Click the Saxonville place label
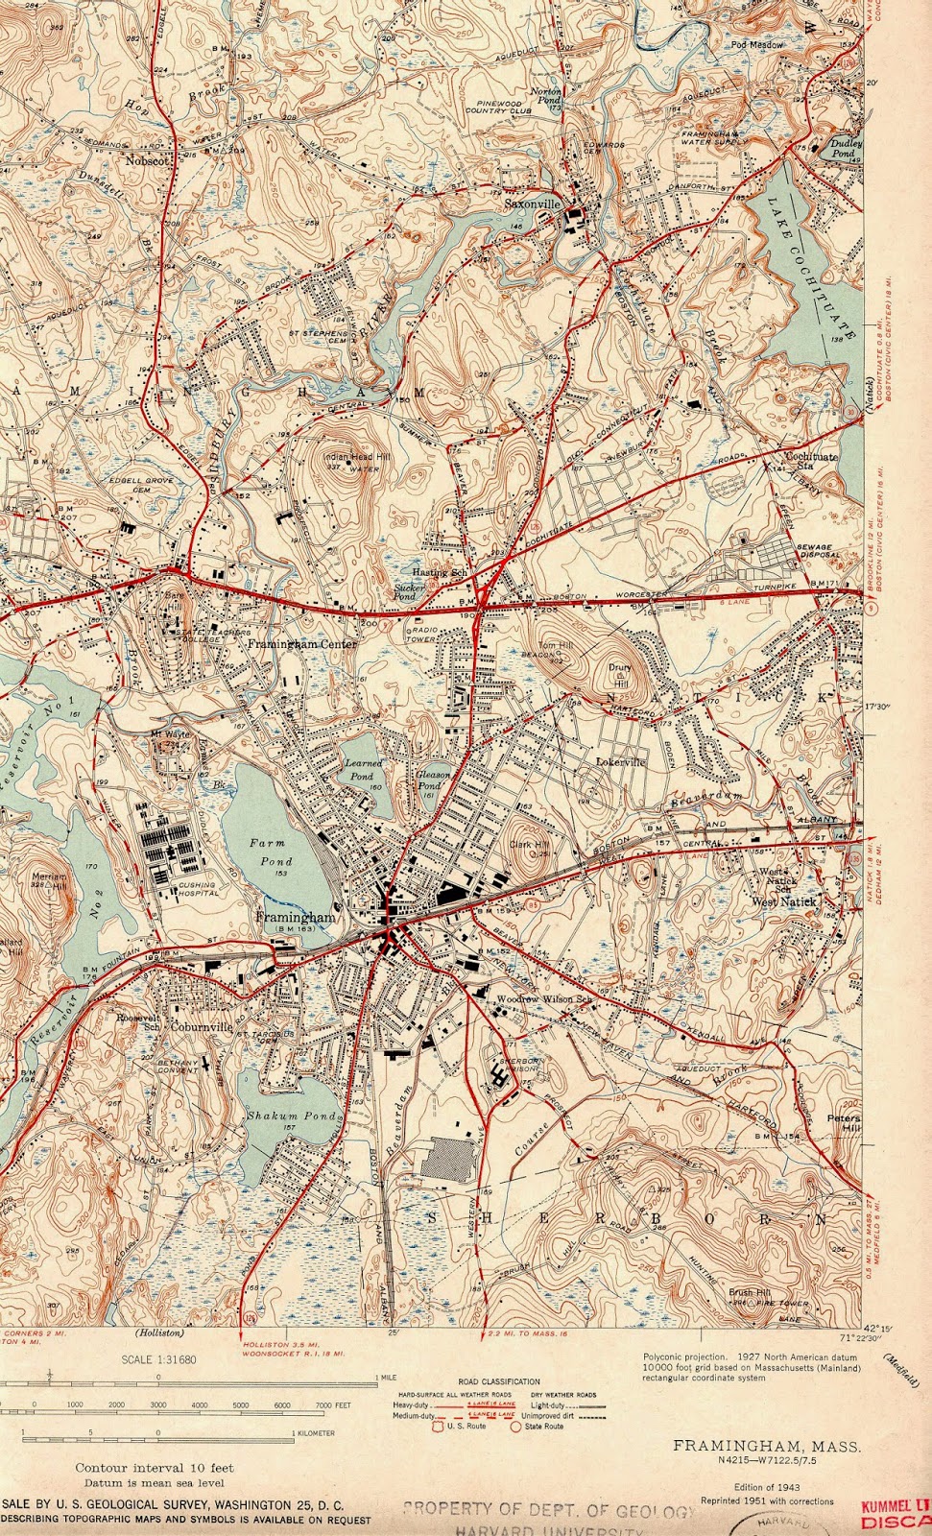pos(533,204)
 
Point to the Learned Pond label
pos(364,768)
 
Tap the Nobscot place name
pos(147,161)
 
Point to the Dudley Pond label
pos(843,148)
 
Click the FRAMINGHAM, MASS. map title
pos(766,1446)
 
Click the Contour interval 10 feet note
pos(155,1468)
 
